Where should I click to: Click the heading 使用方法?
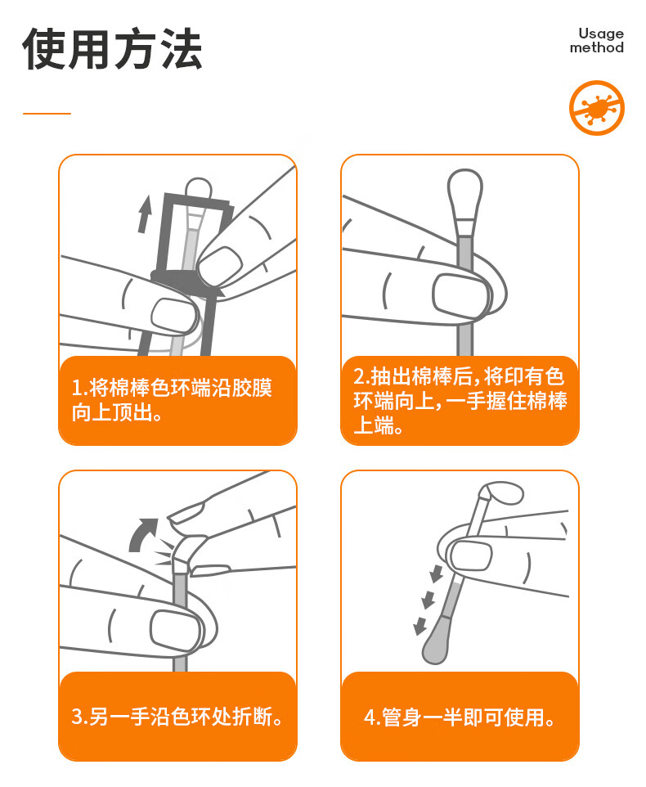click(x=112, y=49)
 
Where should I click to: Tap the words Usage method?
click(x=597, y=41)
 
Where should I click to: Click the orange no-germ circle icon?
click(x=596, y=108)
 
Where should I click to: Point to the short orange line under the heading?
click(x=47, y=114)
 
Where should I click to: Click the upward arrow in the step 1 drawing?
click(x=145, y=214)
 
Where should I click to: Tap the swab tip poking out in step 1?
click(x=199, y=188)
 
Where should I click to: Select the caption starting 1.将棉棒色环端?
click(x=172, y=400)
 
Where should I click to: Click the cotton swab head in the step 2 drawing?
click(x=464, y=195)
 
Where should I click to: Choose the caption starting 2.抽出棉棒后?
click(x=460, y=401)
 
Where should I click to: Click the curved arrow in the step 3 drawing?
click(x=142, y=535)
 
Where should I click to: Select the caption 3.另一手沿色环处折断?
click(x=177, y=716)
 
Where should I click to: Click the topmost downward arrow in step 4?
click(x=437, y=573)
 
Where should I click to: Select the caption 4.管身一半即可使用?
click(x=460, y=717)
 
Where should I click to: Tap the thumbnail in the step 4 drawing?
click(x=471, y=555)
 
